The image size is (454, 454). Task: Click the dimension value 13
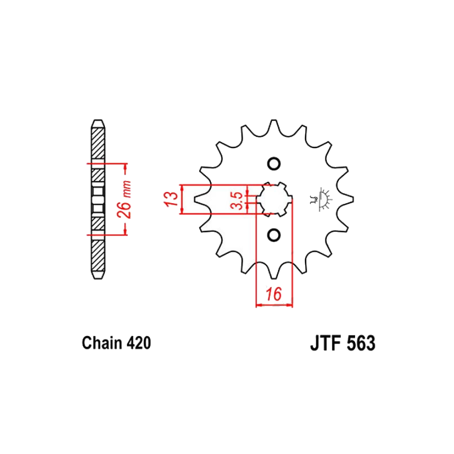[171, 199]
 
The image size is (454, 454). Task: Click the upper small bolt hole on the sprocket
[274, 164]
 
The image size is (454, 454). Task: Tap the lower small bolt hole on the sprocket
[274, 235]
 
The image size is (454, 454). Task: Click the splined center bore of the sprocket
[274, 199]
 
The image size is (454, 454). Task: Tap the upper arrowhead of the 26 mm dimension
[125, 166]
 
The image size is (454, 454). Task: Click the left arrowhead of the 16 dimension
[259, 305]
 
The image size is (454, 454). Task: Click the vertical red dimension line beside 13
[181, 199]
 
